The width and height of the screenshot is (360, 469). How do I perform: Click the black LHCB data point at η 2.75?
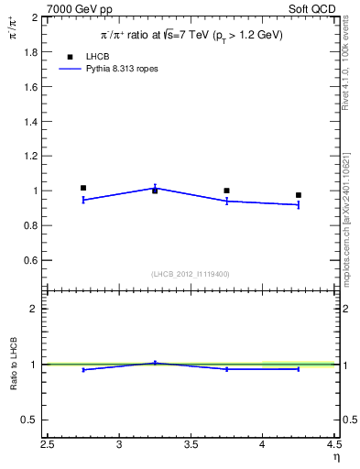tap(83, 188)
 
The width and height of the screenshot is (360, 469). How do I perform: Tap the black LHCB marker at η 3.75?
tap(226, 191)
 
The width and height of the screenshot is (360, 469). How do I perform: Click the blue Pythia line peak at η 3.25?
tap(155, 187)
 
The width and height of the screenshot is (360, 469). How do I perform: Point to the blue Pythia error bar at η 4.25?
tap(299, 204)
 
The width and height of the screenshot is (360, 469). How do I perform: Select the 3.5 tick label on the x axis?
tap(191, 446)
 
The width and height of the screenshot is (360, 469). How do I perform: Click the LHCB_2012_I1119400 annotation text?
tap(191, 274)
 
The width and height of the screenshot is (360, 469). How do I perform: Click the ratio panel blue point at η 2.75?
tap(83, 370)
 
